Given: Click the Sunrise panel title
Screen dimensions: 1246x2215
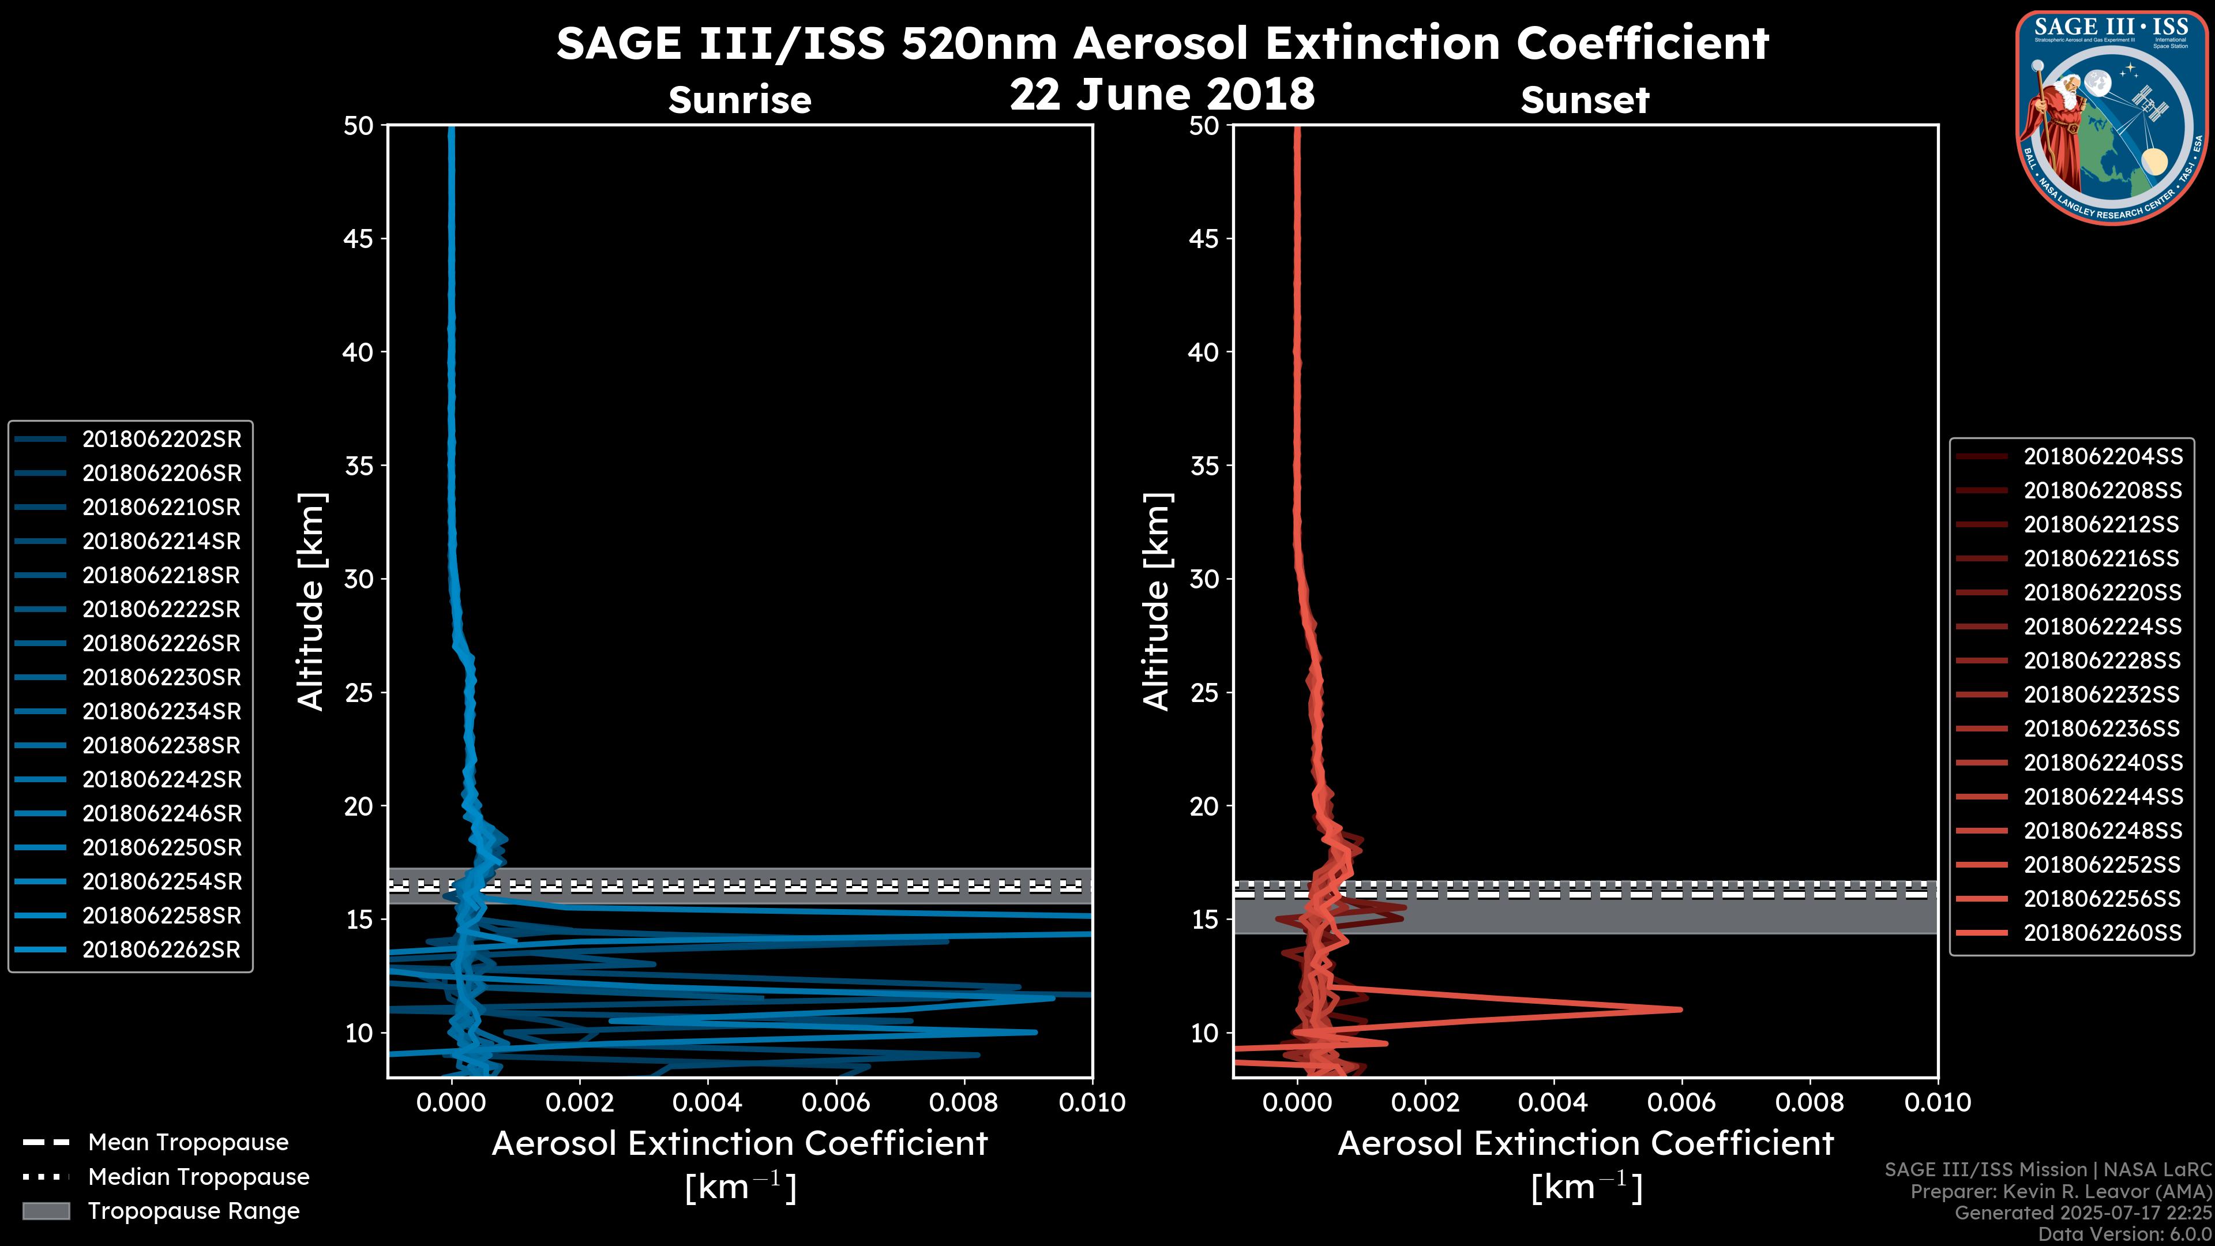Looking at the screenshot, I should point(739,100).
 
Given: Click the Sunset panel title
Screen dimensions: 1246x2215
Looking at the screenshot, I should point(1585,100).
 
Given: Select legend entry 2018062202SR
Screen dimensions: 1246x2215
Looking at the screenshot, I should point(161,440).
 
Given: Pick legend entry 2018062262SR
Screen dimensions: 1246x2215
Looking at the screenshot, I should point(161,950).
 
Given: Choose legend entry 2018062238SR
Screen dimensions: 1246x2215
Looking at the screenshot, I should point(161,745).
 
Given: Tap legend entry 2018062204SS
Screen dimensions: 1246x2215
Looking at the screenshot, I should point(2103,457).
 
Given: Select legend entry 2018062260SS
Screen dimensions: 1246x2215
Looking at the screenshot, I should point(2103,933).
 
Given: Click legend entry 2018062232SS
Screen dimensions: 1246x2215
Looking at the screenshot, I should point(2103,695).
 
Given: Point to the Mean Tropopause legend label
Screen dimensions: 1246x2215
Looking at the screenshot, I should point(188,1143).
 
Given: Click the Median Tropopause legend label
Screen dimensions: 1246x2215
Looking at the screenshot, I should point(198,1177).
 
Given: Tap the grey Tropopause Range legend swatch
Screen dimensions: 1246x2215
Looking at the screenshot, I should point(46,1211).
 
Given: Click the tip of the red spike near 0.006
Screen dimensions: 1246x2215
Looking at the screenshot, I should point(1680,1009).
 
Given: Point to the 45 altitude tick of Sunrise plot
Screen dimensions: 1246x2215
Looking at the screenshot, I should point(358,239).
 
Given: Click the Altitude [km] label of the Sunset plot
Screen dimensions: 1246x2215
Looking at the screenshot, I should point(1157,602).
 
